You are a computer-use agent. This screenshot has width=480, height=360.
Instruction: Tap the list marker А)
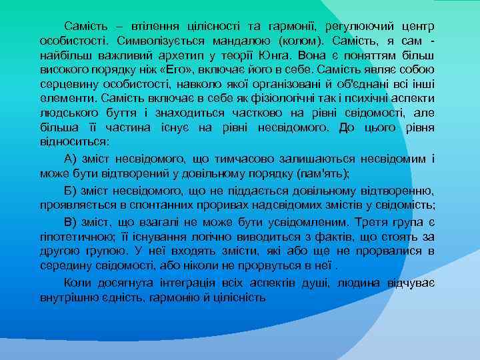72,159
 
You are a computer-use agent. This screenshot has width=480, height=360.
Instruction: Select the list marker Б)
72,189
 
